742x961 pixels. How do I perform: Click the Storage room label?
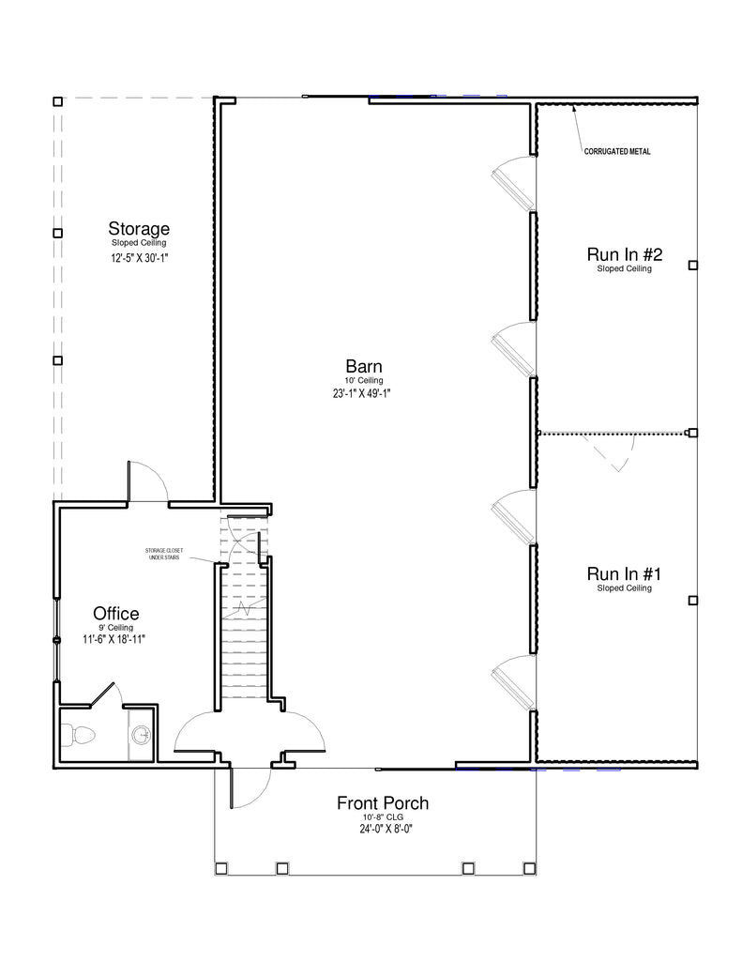pyautogui.click(x=139, y=229)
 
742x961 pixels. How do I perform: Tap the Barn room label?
pyautogui.click(x=364, y=367)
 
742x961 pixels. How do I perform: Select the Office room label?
pyautogui.click(x=115, y=614)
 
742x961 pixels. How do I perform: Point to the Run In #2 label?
pyautogui.click(x=625, y=254)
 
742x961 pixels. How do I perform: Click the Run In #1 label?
pyautogui.click(x=625, y=574)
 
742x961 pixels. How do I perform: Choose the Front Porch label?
pyautogui.click(x=383, y=803)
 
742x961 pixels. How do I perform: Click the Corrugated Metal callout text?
pyautogui.click(x=617, y=151)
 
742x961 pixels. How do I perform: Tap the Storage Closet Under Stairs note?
pyautogui.click(x=164, y=554)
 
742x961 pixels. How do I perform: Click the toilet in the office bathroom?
pyautogui.click(x=79, y=734)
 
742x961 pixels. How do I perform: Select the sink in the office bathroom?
pyautogui.click(x=142, y=734)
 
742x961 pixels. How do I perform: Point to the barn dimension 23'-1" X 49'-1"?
pyautogui.click(x=362, y=393)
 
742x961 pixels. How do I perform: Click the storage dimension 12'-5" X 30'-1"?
pyautogui.click(x=140, y=258)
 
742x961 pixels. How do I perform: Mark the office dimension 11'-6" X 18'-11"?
pyautogui.click(x=114, y=640)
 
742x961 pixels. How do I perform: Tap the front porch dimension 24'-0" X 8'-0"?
pyautogui.click(x=386, y=830)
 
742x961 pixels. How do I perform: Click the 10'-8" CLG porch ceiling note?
pyautogui.click(x=383, y=817)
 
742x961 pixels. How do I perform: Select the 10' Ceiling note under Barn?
pyautogui.click(x=364, y=381)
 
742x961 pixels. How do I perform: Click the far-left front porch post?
pyautogui.click(x=221, y=868)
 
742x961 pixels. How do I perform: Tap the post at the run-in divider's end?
pyautogui.click(x=693, y=434)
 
